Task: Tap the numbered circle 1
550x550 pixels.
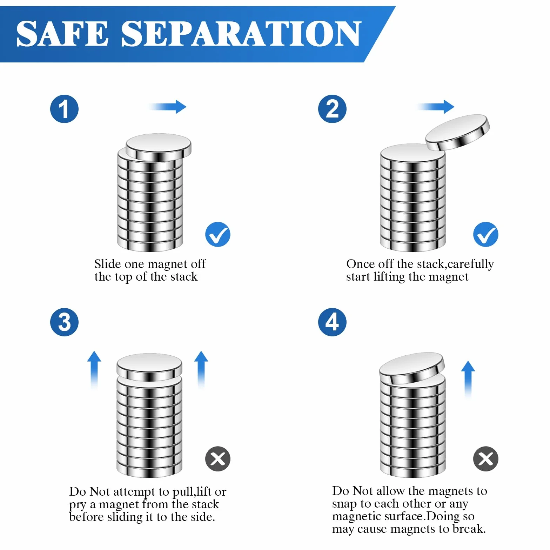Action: [64, 109]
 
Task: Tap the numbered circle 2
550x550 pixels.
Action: [332, 109]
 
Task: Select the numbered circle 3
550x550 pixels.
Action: [64, 322]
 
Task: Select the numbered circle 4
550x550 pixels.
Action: [332, 322]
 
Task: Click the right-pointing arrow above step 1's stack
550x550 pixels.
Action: [167, 107]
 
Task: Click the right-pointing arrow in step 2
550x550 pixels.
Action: [435, 107]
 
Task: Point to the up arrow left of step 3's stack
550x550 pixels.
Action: [94, 370]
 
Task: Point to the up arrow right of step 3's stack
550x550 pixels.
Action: [201, 370]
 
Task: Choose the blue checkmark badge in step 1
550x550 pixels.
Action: [218, 234]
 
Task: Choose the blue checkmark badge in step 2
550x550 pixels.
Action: [486, 234]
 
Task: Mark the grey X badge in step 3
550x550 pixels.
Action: [218, 459]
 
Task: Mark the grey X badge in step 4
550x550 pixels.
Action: [486, 459]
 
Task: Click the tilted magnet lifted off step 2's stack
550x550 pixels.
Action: [457, 132]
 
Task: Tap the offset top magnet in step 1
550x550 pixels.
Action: [159, 147]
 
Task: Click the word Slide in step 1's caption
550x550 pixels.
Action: [108, 263]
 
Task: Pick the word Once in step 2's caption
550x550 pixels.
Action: [361, 263]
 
